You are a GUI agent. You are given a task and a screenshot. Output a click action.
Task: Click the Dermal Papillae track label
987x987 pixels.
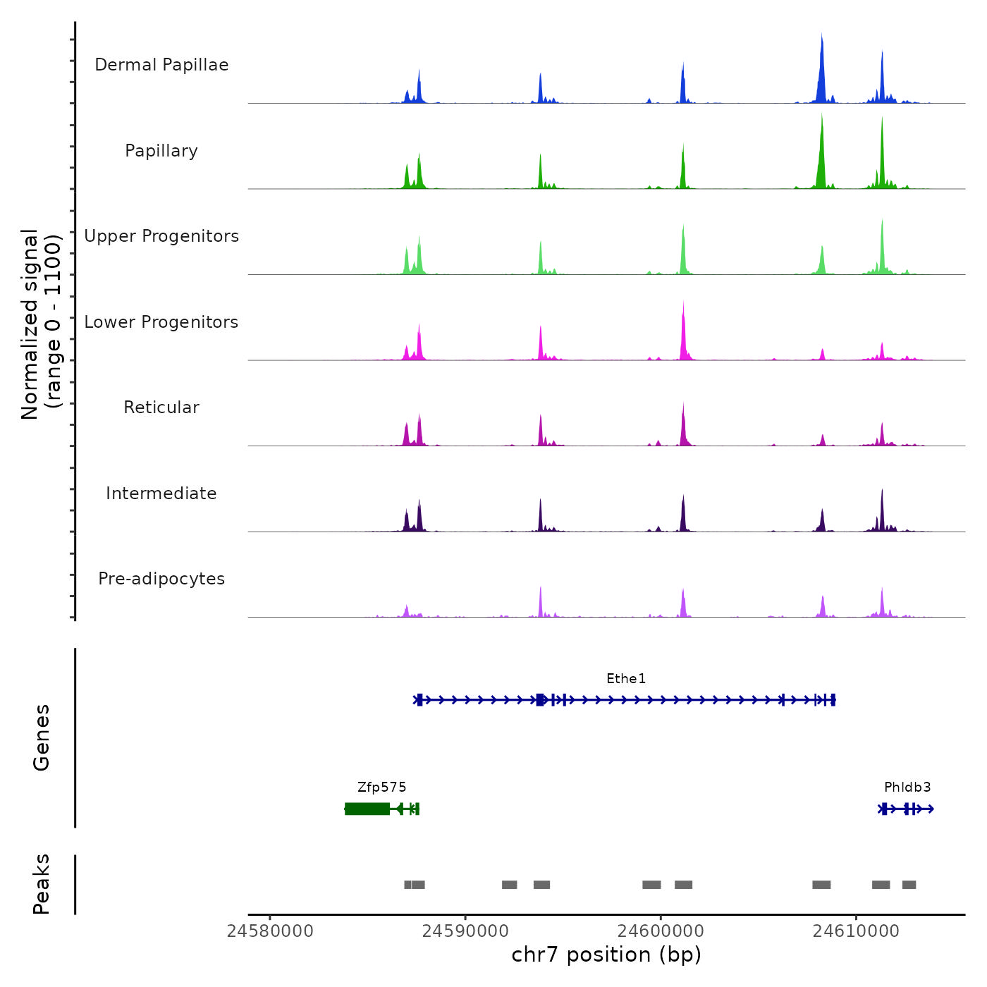pos(161,65)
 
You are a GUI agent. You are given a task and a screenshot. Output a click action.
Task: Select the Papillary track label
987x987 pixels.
pos(161,151)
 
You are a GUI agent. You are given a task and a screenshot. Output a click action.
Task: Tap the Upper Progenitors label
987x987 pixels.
pos(161,236)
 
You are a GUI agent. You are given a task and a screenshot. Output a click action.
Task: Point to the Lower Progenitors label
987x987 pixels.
pos(161,322)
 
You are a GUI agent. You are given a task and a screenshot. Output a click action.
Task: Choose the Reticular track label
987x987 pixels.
pos(161,407)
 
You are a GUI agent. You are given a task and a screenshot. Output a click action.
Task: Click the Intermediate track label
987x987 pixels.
pos(161,493)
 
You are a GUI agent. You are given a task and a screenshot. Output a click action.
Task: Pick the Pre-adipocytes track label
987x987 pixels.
pos(161,579)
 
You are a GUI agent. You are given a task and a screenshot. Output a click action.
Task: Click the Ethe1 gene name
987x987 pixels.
pos(626,679)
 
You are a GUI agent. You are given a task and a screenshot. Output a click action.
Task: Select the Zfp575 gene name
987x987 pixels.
pos(382,787)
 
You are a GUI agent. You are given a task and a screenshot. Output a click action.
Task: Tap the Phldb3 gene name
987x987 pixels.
pos(907,787)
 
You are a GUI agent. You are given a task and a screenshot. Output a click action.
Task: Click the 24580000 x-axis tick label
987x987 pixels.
pos(270,931)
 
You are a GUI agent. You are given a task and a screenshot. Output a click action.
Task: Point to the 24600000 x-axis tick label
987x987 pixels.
pos(661,931)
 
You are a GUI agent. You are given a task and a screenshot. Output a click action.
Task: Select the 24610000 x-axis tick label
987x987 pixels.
pos(856,931)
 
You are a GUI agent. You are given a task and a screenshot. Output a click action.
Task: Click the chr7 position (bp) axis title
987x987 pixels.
pos(606,955)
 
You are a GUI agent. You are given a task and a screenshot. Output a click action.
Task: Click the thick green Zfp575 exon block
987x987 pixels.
pos(367,809)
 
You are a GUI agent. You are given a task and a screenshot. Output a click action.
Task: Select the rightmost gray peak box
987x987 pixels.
pos(909,885)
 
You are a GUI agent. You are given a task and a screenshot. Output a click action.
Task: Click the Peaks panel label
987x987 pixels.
pos(41,884)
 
